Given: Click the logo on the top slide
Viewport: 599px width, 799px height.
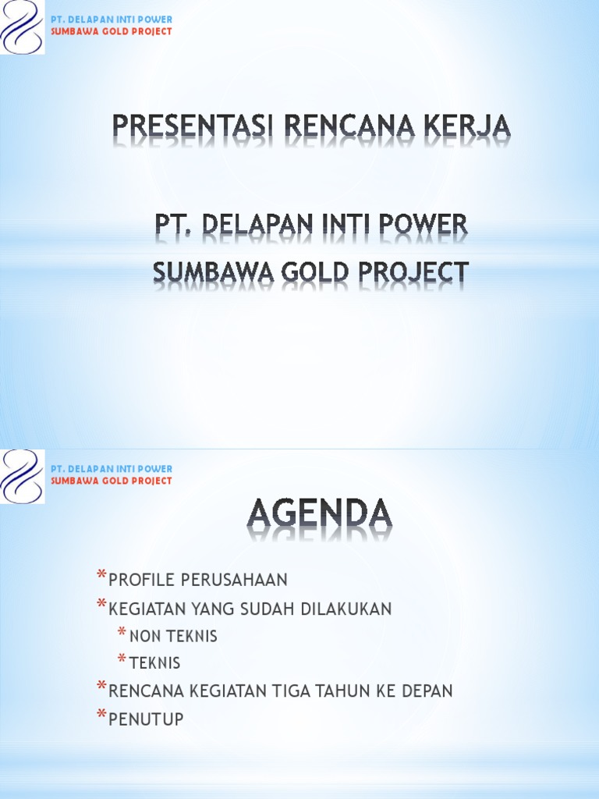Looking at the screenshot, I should (23, 27).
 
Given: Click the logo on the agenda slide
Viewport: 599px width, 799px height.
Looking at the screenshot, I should (23, 476).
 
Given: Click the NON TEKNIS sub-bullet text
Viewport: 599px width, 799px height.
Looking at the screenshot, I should (173, 637).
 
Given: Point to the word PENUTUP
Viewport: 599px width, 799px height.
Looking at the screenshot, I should (146, 719).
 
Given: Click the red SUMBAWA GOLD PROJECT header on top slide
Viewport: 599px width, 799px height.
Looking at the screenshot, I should (111, 32).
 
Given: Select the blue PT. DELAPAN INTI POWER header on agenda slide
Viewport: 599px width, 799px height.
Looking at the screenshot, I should (111, 469).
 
